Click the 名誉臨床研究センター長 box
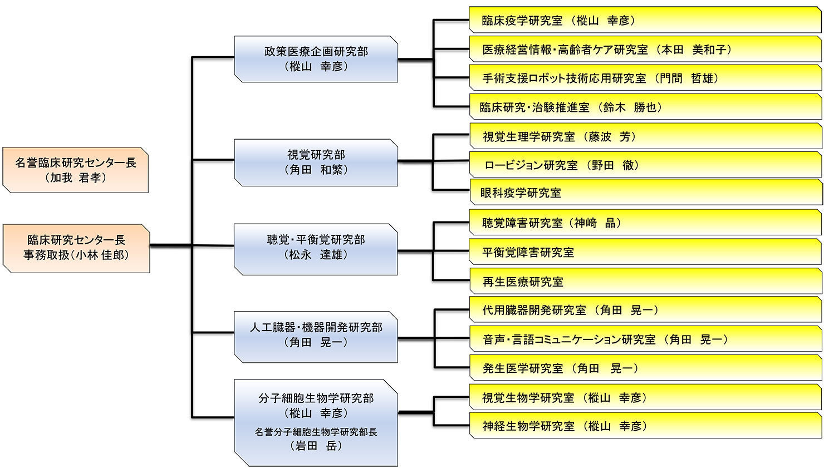75,170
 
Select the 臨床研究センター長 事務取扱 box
76,248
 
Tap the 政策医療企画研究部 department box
316,59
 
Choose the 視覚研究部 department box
316,162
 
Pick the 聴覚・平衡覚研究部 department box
316,248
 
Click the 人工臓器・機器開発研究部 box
316,336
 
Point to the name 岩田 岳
316,446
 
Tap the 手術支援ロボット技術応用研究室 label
564,78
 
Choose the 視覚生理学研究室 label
528,136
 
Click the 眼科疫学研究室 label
521,193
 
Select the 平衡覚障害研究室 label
528,252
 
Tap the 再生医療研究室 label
523,282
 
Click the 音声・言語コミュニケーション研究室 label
569,339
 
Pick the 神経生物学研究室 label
528,426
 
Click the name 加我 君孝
75,178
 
